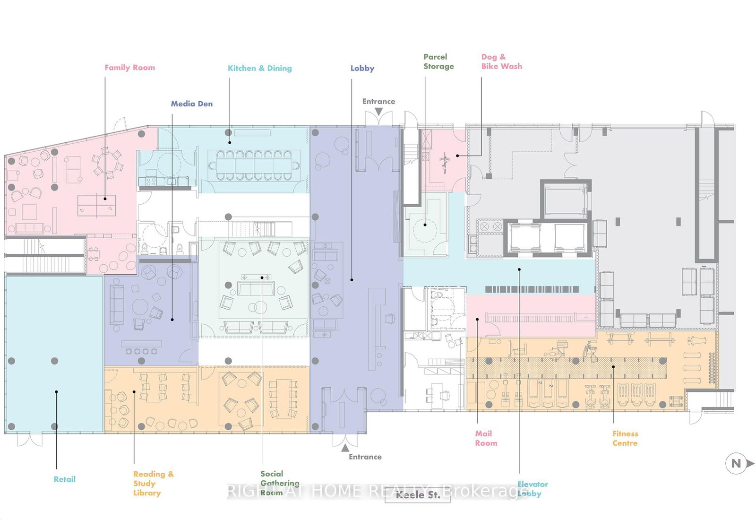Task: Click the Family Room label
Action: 129,68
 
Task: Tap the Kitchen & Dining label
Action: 259,68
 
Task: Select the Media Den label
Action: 191,104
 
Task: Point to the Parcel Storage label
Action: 438,61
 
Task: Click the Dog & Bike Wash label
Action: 501,61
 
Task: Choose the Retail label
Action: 64,479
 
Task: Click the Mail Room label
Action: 486,438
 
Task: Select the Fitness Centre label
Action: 625,438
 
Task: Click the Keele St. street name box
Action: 418,495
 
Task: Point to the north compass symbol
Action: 739,464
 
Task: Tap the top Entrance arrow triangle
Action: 378,112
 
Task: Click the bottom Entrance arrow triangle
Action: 345,447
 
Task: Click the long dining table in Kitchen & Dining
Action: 254,165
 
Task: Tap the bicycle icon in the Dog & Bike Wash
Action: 445,162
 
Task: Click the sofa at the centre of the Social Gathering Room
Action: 256,288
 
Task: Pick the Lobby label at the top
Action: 362,68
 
